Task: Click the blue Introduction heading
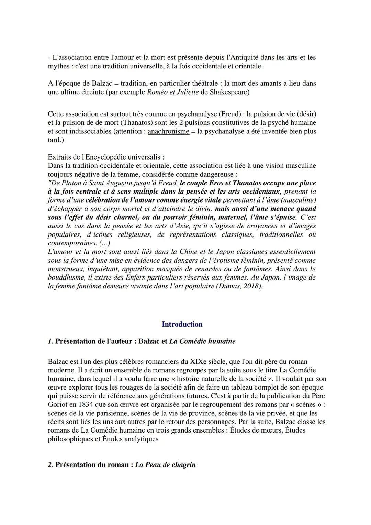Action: (182, 324)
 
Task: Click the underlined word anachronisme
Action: (168, 131)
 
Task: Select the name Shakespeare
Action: (229, 92)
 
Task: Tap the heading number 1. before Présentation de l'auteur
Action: (50, 341)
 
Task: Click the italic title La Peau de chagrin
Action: (165, 465)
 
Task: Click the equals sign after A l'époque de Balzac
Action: (115, 83)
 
